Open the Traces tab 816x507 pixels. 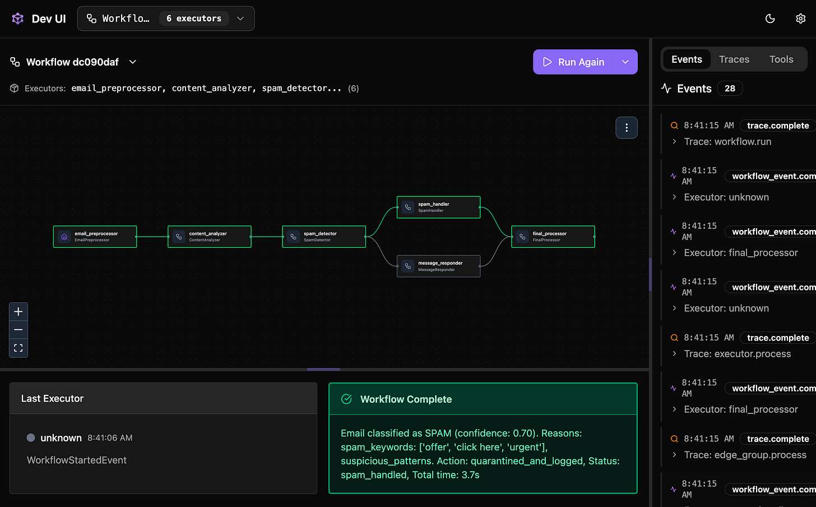click(x=734, y=59)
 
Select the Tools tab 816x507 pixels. click(x=781, y=59)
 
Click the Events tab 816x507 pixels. click(x=687, y=59)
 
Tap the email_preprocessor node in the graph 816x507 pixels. click(x=95, y=237)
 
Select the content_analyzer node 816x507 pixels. click(x=210, y=237)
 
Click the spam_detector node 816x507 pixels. click(x=324, y=237)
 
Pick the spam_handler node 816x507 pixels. click(x=438, y=207)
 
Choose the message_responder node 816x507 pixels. click(x=438, y=266)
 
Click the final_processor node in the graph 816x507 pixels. click(x=553, y=237)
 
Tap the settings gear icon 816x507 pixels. click(x=800, y=19)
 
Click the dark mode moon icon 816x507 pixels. click(x=770, y=19)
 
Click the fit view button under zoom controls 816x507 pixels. click(x=18, y=348)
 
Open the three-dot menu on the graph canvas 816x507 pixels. click(x=627, y=128)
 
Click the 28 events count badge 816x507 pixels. click(x=730, y=89)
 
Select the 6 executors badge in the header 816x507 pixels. click(x=194, y=19)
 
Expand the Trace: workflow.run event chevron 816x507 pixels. click(x=674, y=142)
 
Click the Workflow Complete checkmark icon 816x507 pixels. click(x=346, y=399)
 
